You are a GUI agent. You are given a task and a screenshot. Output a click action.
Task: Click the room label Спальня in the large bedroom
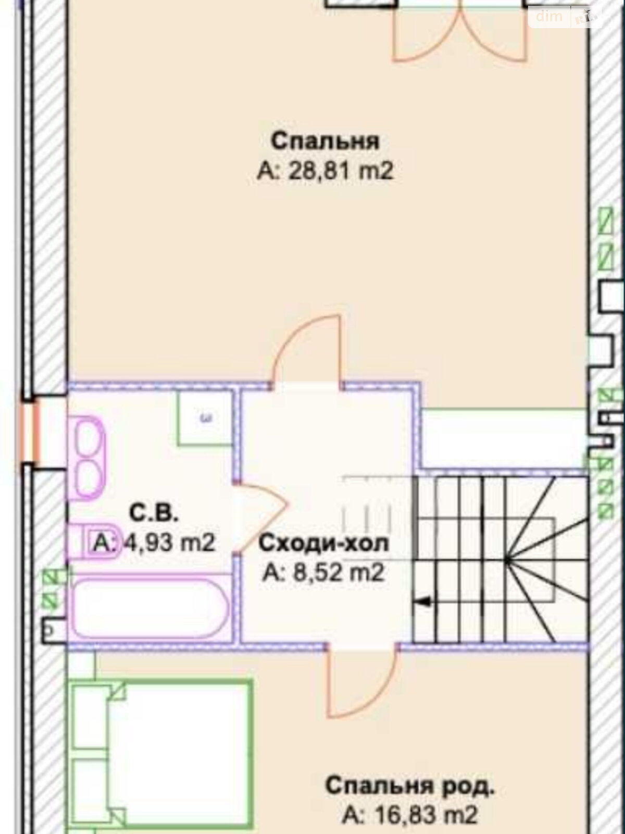click(325, 141)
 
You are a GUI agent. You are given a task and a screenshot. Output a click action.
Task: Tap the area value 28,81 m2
click(325, 171)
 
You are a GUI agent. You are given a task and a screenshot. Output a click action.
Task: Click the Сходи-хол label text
click(323, 543)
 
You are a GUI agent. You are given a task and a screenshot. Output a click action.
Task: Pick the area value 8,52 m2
click(323, 572)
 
